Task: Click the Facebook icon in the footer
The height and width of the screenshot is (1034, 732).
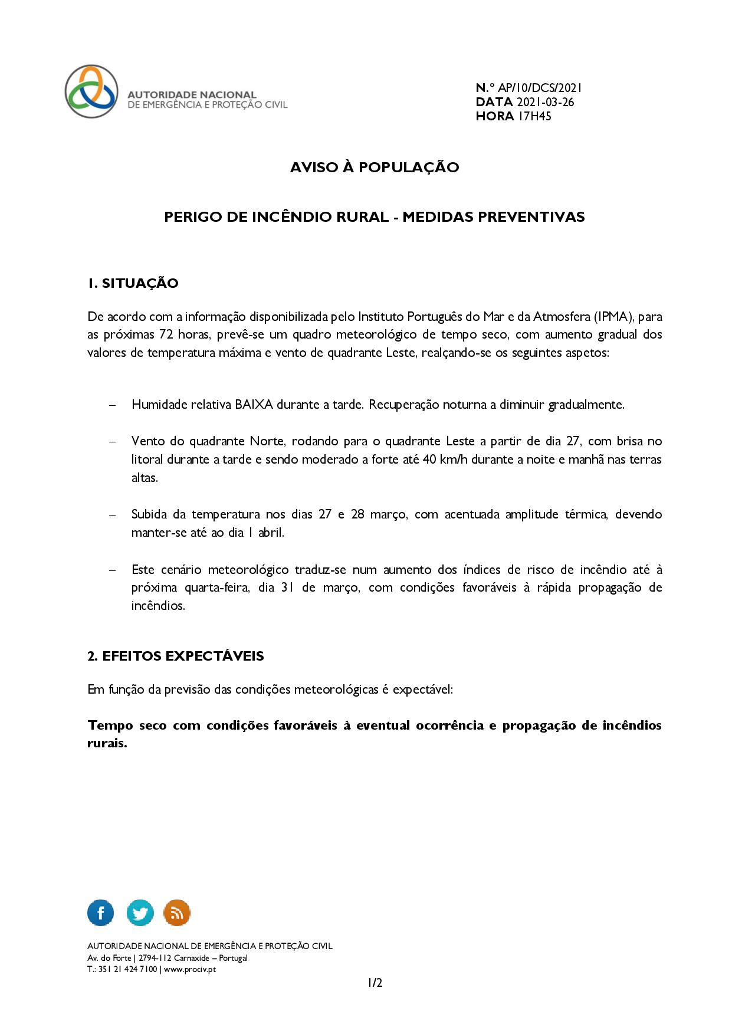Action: coord(100,913)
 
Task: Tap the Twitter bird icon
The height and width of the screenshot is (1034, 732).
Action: coord(140,913)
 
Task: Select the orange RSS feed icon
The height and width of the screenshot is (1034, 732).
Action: coord(177,913)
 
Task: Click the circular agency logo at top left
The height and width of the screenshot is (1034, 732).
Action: coord(91,91)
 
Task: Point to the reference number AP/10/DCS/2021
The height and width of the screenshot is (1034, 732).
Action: coord(540,88)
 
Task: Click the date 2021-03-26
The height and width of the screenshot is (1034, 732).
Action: coord(545,102)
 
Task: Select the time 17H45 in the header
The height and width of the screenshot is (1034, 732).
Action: coord(534,116)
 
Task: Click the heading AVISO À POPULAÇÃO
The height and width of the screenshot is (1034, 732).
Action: coord(374,168)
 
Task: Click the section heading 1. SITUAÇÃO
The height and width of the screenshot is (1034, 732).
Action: coord(133,283)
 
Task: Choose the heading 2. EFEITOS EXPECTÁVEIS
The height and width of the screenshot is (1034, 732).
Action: coord(175,656)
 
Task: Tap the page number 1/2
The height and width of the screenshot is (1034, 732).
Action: coord(375,983)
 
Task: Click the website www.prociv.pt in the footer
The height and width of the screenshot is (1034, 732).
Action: coord(190,969)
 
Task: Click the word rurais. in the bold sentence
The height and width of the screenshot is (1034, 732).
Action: coord(107,743)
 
